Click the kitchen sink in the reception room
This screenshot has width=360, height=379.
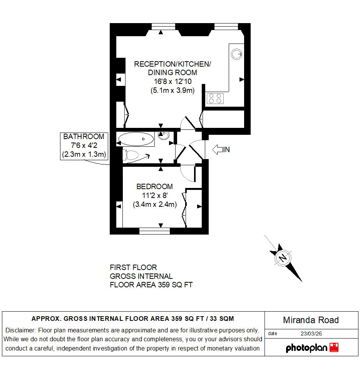point(236,54)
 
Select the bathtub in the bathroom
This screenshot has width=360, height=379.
point(136,139)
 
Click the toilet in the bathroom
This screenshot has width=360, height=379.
point(130,155)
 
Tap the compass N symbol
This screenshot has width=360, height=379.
point(283,257)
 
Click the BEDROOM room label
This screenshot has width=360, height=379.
point(154,187)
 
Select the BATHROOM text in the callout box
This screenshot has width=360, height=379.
point(84,137)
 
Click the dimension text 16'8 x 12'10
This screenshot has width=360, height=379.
point(172,82)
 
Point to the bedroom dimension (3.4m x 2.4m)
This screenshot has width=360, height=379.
point(155,205)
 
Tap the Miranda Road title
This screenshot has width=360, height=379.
point(311,320)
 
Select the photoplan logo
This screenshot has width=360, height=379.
point(312,348)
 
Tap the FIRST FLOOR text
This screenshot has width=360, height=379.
point(133,267)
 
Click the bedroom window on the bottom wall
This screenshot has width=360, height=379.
point(154,231)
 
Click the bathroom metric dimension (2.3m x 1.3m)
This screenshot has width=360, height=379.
point(84,155)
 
